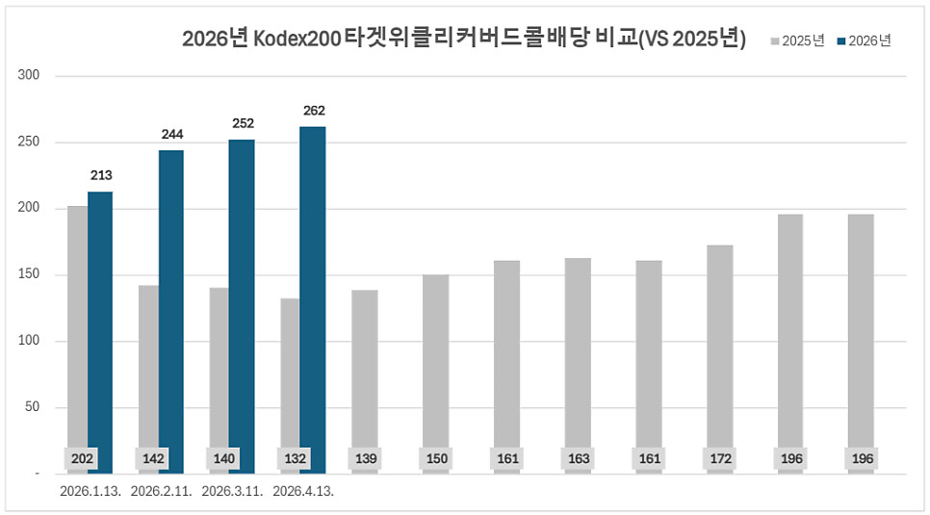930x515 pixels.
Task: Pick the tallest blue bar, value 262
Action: point(313,299)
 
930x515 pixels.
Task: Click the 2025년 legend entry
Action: point(798,40)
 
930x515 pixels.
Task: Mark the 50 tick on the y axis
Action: point(31,407)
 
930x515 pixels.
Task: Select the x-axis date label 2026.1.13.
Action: point(90,491)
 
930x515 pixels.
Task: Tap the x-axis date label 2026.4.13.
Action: point(303,491)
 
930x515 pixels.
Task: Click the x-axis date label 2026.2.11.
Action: point(161,491)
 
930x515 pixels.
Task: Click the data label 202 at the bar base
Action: point(82,459)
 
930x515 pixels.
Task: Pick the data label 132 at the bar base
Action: point(295,459)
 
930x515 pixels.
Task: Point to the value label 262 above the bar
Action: point(314,111)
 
